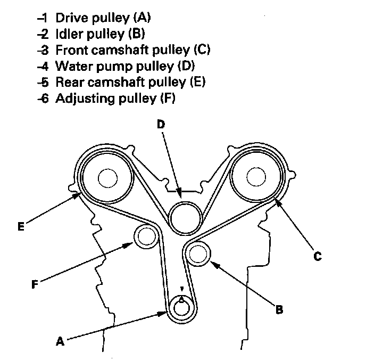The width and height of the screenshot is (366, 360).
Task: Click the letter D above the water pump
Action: point(161,124)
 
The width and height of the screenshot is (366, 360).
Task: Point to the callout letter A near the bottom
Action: point(60,342)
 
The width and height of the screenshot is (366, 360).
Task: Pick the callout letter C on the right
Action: point(317,256)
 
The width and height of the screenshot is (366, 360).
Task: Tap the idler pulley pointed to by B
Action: point(199,253)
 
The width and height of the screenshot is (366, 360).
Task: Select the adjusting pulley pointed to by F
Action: point(145,236)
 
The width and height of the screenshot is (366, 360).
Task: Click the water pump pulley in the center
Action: point(184,217)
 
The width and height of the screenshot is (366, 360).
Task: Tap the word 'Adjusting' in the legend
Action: point(79,99)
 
